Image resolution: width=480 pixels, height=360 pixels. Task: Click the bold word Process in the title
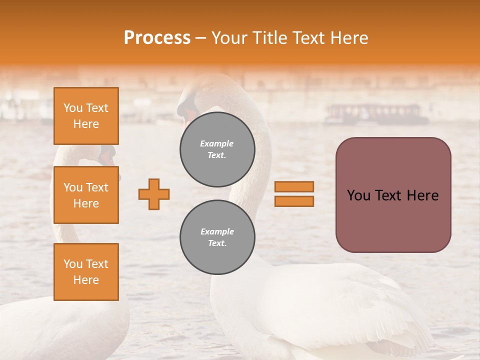click(x=157, y=38)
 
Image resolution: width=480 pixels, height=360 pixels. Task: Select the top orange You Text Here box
click(x=86, y=116)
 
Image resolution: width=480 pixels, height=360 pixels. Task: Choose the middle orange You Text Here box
click(x=86, y=195)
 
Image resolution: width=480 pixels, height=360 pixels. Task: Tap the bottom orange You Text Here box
click(x=86, y=272)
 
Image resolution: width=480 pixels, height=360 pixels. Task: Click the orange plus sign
click(x=154, y=194)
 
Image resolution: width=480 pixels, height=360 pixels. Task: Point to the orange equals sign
click(x=294, y=194)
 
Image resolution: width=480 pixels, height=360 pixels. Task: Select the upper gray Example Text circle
click(x=217, y=149)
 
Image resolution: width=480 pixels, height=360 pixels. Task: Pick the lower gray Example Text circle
click(x=217, y=237)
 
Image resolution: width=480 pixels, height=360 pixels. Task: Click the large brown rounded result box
click(x=393, y=195)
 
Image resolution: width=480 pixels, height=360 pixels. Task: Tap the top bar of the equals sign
click(x=294, y=186)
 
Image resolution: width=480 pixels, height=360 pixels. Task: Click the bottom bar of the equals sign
click(x=294, y=201)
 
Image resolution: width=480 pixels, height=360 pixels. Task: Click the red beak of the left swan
click(x=106, y=158)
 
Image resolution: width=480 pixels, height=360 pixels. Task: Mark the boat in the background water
click(x=375, y=114)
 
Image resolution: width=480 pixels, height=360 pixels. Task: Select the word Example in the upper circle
click(x=217, y=143)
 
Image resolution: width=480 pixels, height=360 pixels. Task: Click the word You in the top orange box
click(x=73, y=108)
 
